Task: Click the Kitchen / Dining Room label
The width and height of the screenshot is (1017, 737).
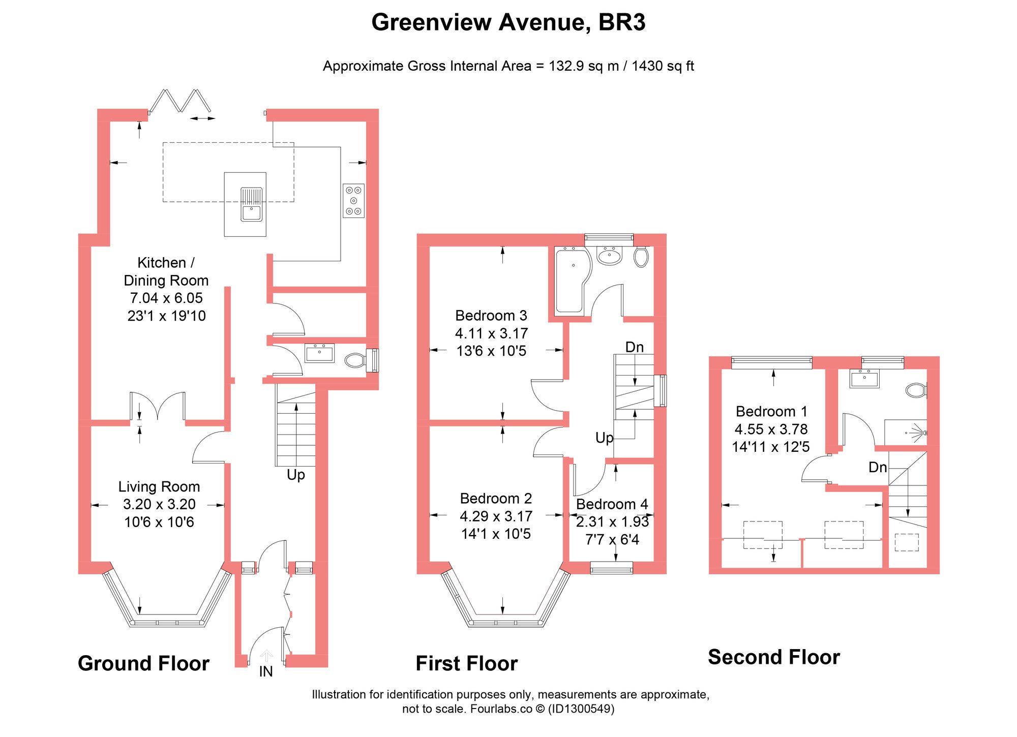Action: point(166,271)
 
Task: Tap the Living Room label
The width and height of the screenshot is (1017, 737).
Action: point(159,486)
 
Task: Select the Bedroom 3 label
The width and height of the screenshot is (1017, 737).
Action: point(491,316)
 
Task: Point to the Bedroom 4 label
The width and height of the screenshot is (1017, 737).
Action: point(612,504)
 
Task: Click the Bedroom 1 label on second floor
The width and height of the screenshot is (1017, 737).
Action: point(771,411)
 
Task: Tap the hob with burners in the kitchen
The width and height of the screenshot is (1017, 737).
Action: point(353,201)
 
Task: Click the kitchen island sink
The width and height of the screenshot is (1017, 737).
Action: point(251,204)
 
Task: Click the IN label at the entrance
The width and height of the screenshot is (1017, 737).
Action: point(266,672)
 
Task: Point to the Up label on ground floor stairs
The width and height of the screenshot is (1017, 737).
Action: point(296,475)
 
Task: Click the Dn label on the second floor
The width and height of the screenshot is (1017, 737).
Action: point(878,468)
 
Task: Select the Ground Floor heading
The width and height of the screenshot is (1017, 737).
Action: point(143,663)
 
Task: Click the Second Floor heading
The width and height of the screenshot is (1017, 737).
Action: point(774,657)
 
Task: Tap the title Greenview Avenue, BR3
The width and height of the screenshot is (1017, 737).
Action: point(508,22)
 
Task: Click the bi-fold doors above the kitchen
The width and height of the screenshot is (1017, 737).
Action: point(180,101)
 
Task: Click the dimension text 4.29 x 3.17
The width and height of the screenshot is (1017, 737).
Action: point(496,516)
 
